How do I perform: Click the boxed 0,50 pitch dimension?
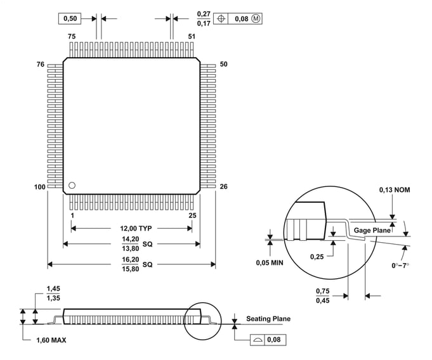(x=69, y=19)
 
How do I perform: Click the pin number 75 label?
(x=72, y=37)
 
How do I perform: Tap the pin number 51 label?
(x=192, y=37)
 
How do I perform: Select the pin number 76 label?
(x=41, y=65)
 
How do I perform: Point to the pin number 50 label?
(x=223, y=65)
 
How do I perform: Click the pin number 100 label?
(x=39, y=187)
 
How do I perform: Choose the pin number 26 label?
(x=223, y=187)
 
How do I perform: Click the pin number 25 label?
(x=192, y=216)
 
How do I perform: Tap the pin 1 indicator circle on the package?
(x=72, y=185)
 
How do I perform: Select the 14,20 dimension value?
(x=130, y=239)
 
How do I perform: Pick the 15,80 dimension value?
(x=130, y=269)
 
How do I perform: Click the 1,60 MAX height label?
(x=51, y=340)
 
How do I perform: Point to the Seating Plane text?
(x=268, y=319)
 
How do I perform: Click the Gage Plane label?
(x=372, y=231)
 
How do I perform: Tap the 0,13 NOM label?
(x=394, y=190)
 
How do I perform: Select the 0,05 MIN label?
(x=270, y=262)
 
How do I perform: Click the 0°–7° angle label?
(x=402, y=265)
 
